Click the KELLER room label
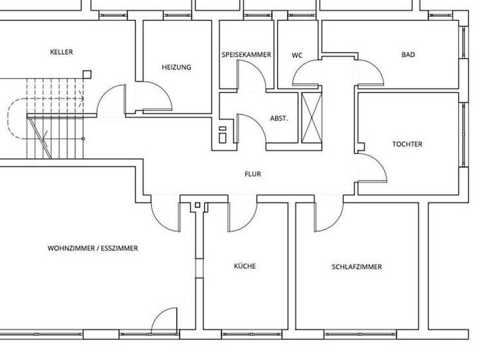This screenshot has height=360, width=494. pyautogui.click(x=61, y=52)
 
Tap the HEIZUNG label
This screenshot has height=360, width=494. pyautogui.click(x=176, y=67)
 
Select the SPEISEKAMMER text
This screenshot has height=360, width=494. pyautogui.click(x=246, y=55)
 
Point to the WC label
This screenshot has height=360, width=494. pyautogui.click(x=297, y=55)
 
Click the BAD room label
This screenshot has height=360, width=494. pyautogui.click(x=408, y=55)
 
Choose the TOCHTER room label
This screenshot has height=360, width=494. pyautogui.click(x=407, y=144)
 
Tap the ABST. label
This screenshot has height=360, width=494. pyautogui.click(x=279, y=119)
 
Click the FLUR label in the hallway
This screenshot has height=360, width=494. pyautogui.click(x=253, y=174)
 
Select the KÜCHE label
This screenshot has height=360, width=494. pyautogui.click(x=244, y=265)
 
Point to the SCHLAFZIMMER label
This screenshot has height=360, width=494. pyautogui.click(x=357, y=266)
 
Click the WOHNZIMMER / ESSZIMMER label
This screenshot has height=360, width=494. pyautogui.click(x=93, y=248)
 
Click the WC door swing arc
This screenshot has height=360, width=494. pyautogui.click(x=306, y=72)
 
